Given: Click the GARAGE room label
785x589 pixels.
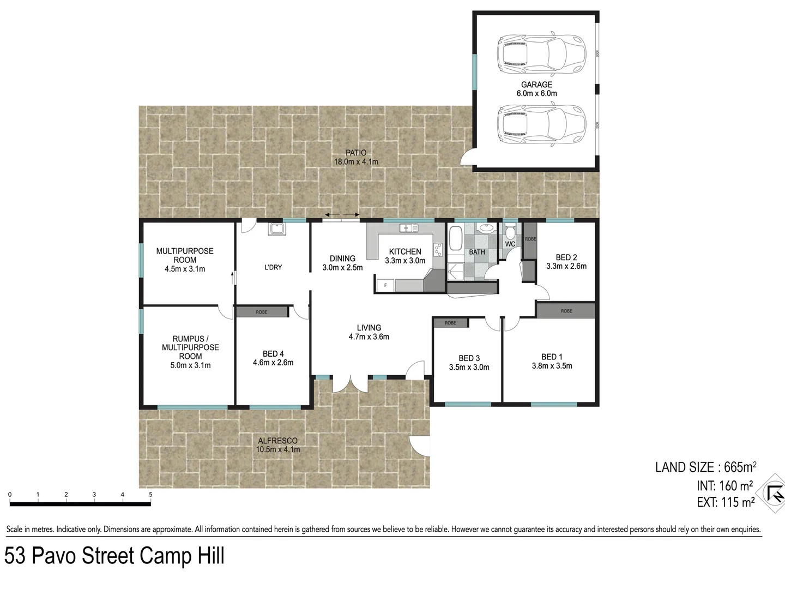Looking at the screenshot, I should coord(536,85).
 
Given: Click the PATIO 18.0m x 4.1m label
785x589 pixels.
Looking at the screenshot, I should coord(355,157).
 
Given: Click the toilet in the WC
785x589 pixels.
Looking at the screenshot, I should coord(510,232).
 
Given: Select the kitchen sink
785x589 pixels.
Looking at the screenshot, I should coord(407,228).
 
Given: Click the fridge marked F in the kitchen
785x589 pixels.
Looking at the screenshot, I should coord(386,285).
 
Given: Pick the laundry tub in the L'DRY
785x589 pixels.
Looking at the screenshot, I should coord(275,229).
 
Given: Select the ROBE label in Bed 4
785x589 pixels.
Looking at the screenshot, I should coord(262,312).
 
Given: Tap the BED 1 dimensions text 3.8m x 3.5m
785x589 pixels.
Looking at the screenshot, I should coord(552,366).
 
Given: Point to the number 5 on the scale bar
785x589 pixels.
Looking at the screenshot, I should coord(150,495).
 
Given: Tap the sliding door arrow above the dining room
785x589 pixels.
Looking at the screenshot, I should coord(341,215).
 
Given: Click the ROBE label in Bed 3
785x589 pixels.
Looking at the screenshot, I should coord(450,323).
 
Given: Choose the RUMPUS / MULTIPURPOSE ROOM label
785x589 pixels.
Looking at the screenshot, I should coord(190,347).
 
